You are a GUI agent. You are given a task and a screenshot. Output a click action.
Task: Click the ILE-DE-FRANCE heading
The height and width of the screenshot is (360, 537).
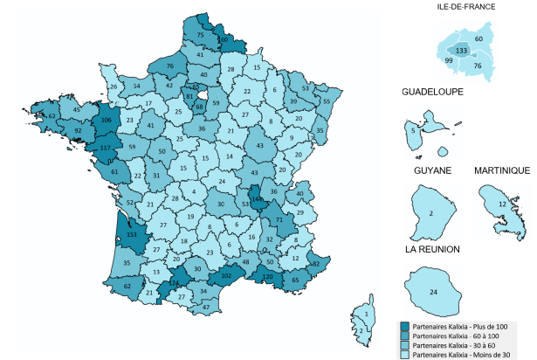(465, 7)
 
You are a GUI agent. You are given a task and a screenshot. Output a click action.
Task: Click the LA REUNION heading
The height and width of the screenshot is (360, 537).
(432, 249)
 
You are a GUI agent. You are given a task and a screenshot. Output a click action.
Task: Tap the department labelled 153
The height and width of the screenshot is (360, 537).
(133, 235)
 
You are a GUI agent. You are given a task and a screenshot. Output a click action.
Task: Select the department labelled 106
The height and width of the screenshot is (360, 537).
(107, 121)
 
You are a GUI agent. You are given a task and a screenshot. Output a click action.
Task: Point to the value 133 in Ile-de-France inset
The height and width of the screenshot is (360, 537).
(462, 52)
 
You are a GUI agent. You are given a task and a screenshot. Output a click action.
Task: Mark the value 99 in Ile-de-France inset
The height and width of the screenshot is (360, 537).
(448, 62)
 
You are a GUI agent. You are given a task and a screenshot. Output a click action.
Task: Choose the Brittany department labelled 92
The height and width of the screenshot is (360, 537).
(77, 131)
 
